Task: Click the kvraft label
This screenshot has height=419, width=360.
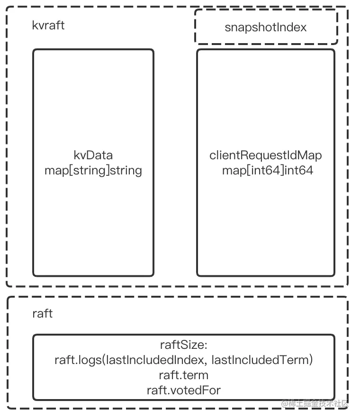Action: [x=48, y=25]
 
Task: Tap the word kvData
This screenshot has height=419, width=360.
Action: [x=93, y=155]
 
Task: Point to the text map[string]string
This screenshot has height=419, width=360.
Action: [x=93, y=170]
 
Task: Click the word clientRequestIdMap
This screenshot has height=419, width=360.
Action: [x=266, y=155]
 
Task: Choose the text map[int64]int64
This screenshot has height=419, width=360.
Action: [x=268, y=170]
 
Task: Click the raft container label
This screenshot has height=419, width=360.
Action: [x=42, y=313]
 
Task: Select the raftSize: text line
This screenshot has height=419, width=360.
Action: [x=184, y=345]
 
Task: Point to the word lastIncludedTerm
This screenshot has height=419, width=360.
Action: [x=259, y=360]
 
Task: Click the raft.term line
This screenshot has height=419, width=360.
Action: [x=184, y=375]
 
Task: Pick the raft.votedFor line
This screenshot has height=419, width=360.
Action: [x=184, y=390]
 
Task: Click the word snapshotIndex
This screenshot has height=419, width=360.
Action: [x=266, y=27]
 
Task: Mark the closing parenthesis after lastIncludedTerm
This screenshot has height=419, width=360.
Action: [x=311, y=360]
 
